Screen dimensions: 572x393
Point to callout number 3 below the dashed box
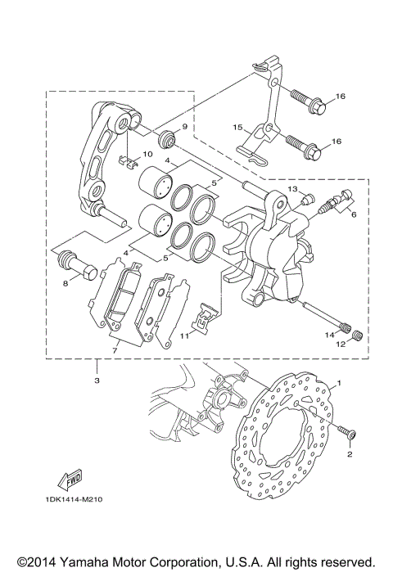point(97,381)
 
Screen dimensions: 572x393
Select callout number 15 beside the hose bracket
point(237,128)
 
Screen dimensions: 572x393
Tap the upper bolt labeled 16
point(321,105)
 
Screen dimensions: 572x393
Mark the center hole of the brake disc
point(289,438)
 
